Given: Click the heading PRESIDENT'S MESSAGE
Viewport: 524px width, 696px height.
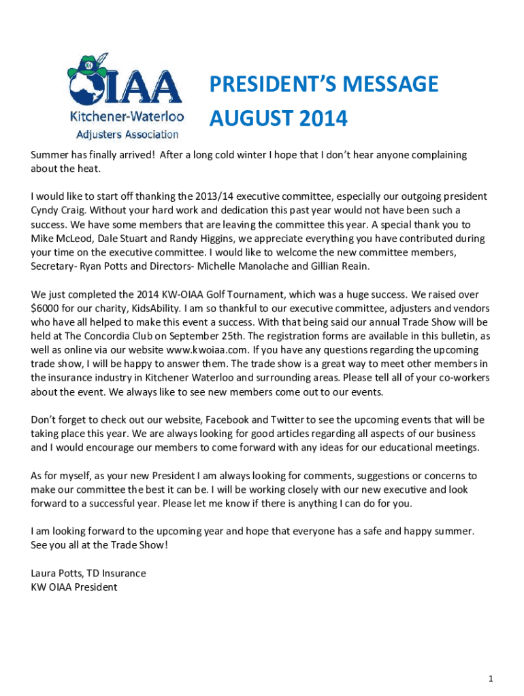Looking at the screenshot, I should [x=323, y=85].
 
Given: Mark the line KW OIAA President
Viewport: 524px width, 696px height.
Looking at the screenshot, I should [x=74, y=587].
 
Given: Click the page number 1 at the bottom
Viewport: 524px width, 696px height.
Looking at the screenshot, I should [x=490, y=659].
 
